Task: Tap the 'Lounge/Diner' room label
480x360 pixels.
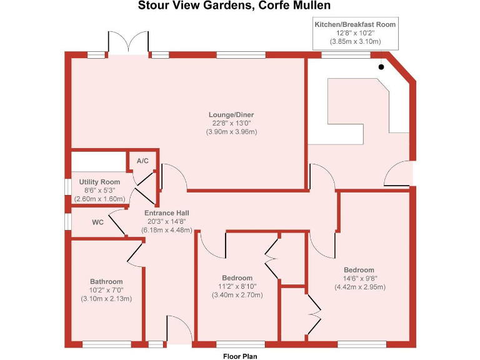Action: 231,115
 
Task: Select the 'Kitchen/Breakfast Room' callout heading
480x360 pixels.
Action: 355,24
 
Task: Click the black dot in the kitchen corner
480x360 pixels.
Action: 381,66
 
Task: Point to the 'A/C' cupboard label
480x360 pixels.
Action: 142,161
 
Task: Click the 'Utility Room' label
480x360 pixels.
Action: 99,182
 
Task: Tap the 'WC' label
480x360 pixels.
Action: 97,222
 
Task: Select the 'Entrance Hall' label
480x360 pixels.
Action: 166,213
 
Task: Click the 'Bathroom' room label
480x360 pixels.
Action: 106,281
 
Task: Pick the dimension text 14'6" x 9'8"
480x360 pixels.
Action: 359,279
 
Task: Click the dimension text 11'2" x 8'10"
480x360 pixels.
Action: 237,287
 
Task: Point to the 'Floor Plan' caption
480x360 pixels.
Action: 240,356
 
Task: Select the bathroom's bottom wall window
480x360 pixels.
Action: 106,343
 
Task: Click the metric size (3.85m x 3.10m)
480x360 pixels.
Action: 355,42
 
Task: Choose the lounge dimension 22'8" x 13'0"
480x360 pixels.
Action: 231,123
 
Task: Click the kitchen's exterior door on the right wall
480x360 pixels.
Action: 400,173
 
